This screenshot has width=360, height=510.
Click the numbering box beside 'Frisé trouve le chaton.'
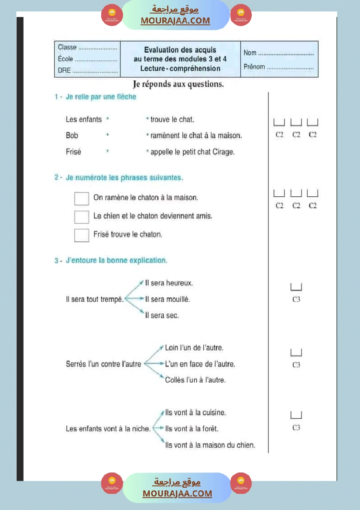(x=82, y=235)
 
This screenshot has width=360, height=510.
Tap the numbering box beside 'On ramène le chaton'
(x=82, y=199)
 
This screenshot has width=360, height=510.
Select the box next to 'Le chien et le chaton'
(x=82, y=217)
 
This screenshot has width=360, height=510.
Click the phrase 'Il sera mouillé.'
(x=168, y=299)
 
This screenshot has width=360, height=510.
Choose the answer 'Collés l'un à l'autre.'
(x=195, y=380)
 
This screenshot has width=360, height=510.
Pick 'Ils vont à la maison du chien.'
(x=210, y=445)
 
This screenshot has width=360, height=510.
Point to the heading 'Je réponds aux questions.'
(x=178, y=84)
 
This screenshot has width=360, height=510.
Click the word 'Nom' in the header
(x=250, y=53)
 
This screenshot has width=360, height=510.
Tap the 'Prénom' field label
(x=254, y=67)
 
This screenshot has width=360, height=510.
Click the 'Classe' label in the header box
(x=67, y=48)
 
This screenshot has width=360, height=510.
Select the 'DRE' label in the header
(x=64, y=70)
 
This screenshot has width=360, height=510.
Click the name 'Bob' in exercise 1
(x=72, y=136)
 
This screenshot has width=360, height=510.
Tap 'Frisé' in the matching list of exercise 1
(x=73, y=152)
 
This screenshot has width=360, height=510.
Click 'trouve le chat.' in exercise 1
(x=172, y=120)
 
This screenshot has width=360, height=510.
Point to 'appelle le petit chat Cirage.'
(x=192, y=152)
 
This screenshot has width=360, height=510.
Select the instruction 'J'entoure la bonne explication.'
(x=117, y=260)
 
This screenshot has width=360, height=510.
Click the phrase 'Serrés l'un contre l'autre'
(x=103, y=364)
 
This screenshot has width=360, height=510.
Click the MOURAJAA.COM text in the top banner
(x=175, y=21)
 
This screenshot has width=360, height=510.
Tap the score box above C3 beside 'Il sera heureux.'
(x=296, y=287)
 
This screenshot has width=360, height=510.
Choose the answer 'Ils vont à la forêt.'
(x=192, y=429)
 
